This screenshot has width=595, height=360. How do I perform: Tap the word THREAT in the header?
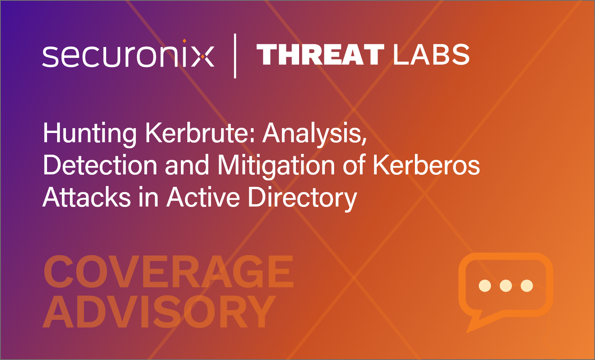coord(320,54)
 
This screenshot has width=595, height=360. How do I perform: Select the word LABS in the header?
coord(431,54)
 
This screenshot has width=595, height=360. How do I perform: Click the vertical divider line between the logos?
coord(235,56)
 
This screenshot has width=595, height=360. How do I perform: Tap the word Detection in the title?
coord(100,165)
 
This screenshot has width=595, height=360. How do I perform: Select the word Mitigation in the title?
coord(276,166)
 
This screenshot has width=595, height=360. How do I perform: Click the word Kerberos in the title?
coord(426,165)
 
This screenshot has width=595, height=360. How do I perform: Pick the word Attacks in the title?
coord(86,197)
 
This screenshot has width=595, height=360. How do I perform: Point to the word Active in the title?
coord(203,197)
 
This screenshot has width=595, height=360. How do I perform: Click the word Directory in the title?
coord(303,198)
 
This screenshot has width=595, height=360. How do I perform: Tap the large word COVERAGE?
coord(168,272)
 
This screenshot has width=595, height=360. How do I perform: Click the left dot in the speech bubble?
coord(485,286)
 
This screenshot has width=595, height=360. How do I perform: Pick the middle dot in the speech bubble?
coord(506,286)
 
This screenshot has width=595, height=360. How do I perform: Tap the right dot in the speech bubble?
coord(527,286)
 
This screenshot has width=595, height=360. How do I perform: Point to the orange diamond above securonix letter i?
coord(185,41)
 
